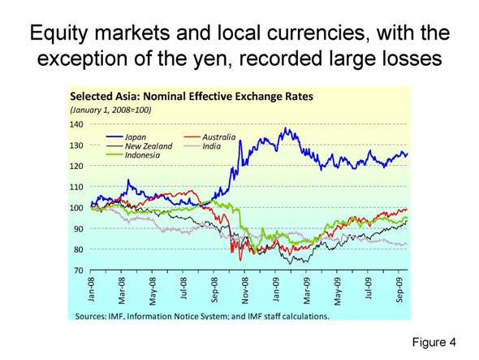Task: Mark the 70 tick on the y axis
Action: tap(79, 271)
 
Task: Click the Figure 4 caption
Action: tap(435, 342)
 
